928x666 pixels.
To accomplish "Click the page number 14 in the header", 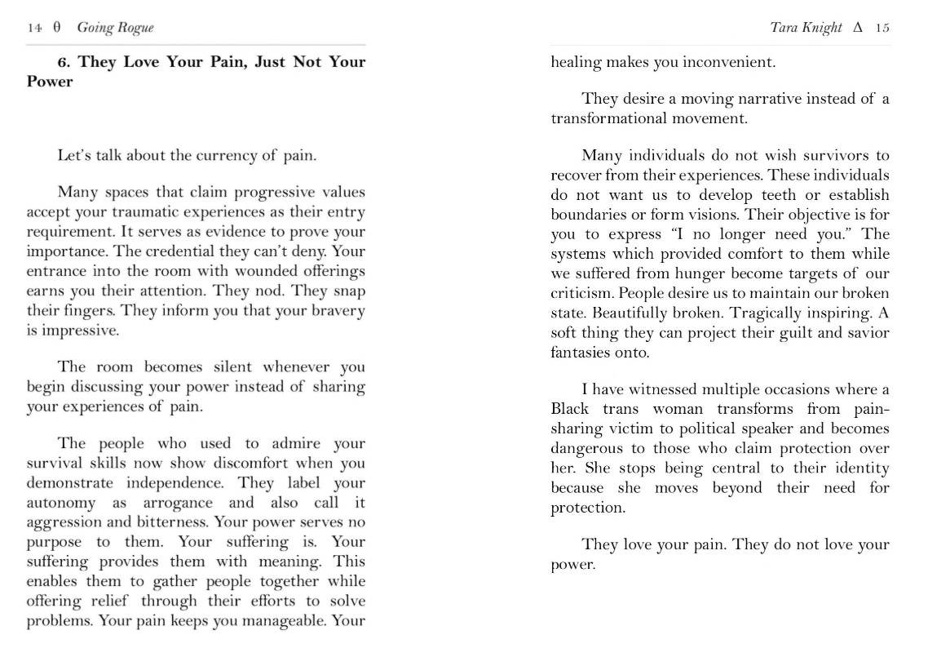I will pos(34,28).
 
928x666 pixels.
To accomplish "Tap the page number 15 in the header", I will pos(882,28).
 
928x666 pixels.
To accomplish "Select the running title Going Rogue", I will pos(115,28).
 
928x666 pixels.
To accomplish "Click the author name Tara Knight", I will pos(806,28).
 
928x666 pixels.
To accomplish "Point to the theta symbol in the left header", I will pos(57,28).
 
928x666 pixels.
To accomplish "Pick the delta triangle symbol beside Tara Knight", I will pos(857,28).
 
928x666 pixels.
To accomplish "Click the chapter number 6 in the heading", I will pos(62,62).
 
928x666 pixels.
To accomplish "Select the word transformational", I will pos(608,118).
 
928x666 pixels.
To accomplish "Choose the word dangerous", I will pos(586,448).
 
